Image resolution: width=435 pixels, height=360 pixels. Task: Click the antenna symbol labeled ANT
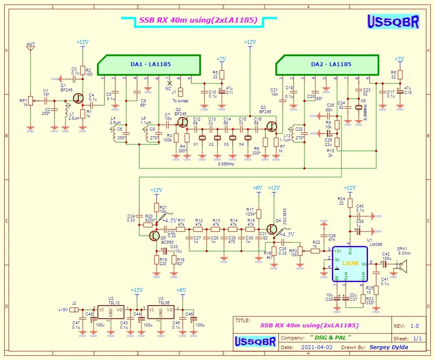point(30,48)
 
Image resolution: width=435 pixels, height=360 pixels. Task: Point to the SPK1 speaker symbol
point(403,265)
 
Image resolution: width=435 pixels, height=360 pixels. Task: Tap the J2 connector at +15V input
point(75,310)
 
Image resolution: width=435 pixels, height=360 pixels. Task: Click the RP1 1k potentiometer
point(30,101)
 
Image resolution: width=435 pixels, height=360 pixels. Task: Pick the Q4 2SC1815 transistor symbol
point(272,229)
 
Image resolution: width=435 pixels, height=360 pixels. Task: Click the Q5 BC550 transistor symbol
point(154,236)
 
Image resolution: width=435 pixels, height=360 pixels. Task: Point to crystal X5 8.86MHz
point(358,108)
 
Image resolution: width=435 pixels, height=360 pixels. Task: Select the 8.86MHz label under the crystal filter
point(226,164)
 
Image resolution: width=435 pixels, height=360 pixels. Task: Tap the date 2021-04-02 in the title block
point(316,347)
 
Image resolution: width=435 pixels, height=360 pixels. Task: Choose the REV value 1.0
point(415,326)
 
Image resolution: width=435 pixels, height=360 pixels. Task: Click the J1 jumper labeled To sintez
point(181,92)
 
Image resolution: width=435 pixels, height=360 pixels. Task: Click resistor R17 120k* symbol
point(259,213)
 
